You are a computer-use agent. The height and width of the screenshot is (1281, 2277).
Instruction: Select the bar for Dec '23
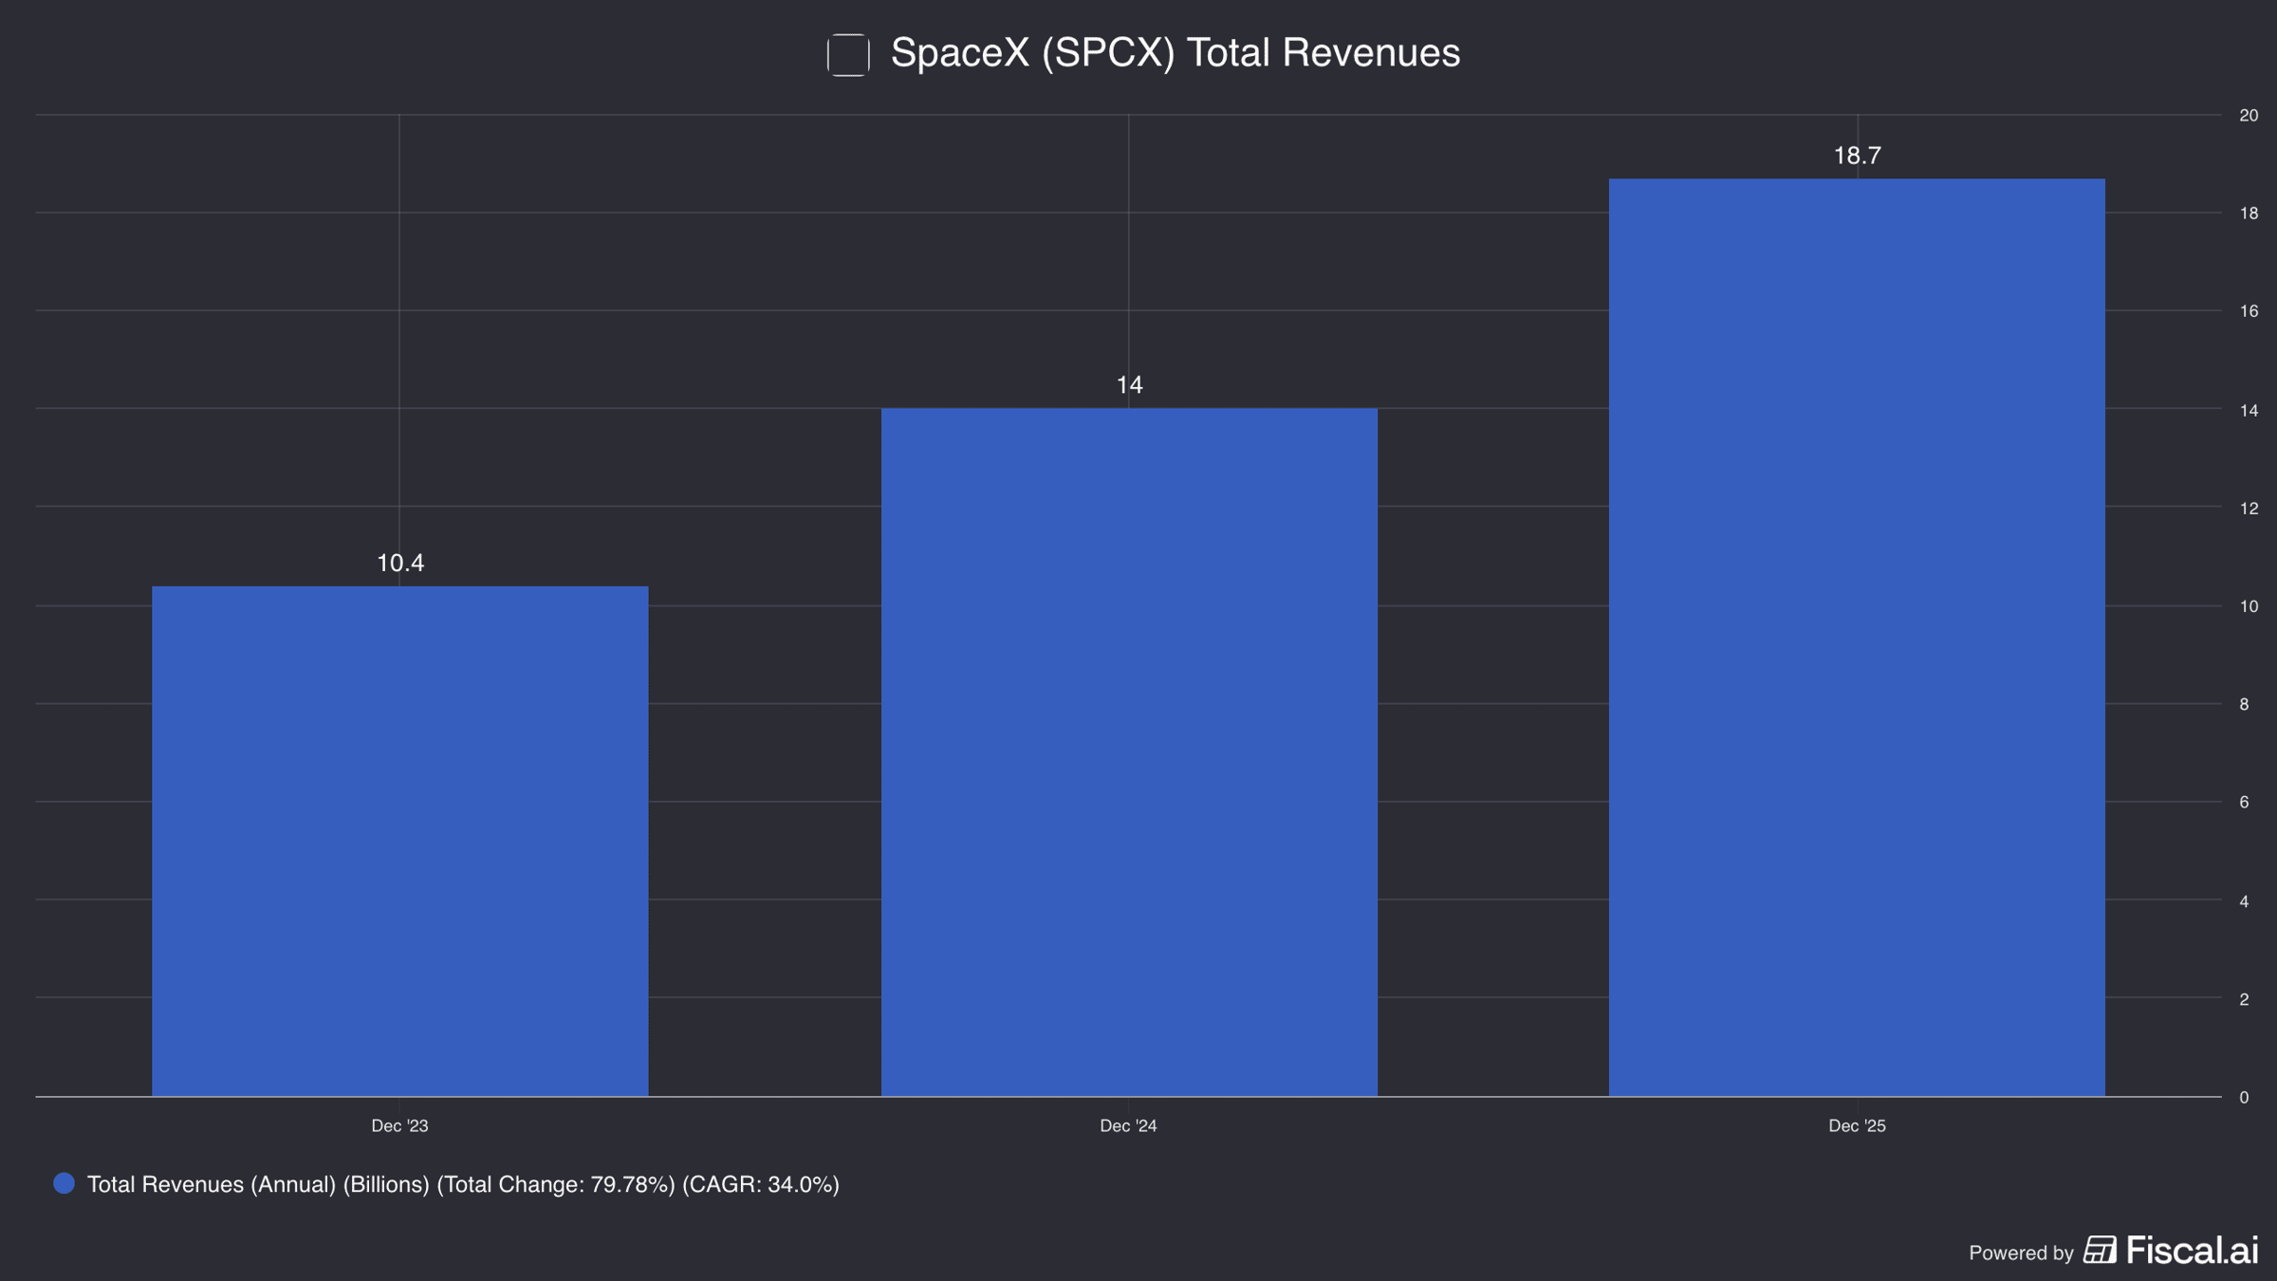[399, 841]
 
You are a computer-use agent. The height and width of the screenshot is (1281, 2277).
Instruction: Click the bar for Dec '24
[1129, 752]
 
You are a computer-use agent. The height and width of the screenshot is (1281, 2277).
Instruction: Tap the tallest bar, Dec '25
[1857, 637]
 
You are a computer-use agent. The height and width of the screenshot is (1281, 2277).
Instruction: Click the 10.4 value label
[400, 563]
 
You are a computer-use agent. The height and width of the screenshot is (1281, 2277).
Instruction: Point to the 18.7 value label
[1857, 156]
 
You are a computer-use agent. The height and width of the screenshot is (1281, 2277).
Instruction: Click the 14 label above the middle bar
[1129, 385]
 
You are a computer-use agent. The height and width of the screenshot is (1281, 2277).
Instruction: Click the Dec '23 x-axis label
[399, 1126]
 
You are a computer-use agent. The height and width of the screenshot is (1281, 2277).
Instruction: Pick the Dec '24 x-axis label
[1128, 1126]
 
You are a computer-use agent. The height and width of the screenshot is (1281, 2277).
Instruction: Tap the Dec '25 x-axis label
[1857, 1126]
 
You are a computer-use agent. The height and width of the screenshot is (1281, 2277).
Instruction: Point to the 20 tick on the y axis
[2249, 116]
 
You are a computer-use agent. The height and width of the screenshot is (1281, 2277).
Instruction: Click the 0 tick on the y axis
[2244, 1098]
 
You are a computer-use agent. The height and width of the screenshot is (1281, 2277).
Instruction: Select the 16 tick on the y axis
[2249, 311]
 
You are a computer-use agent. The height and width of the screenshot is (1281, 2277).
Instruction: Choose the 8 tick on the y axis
[2244, 704]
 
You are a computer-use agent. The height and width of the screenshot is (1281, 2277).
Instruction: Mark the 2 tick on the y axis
[2244, 999]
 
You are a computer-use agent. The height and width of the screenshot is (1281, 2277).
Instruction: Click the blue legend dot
[64, 1183]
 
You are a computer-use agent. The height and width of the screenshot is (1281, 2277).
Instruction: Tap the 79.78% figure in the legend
[632, 1185]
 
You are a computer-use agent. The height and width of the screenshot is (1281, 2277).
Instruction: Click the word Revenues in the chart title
[1371, 53]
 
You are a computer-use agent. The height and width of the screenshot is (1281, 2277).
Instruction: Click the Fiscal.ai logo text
[2192, 1251]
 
